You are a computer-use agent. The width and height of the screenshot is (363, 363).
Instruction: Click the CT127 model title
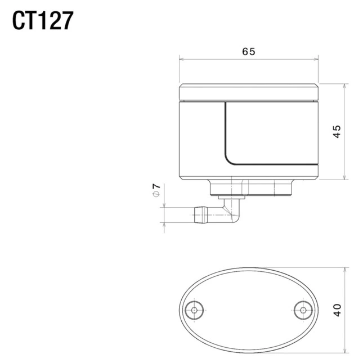click(x=43, y=21)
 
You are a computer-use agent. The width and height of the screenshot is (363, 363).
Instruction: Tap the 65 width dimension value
click(x=249, y=51)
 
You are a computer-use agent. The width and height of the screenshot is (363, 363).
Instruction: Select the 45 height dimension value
click(x=337, y=132)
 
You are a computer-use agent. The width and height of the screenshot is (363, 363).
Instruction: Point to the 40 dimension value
click(x=337, y=310)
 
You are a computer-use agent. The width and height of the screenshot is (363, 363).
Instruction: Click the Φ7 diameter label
click(x=156, y=190)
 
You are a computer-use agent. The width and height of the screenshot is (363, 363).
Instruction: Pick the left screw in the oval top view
click(x=195, y=310)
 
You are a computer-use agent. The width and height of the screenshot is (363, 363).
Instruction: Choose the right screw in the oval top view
click(x=303, y=310)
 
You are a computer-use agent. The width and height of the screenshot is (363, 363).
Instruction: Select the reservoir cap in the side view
click(x=249, y=92)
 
